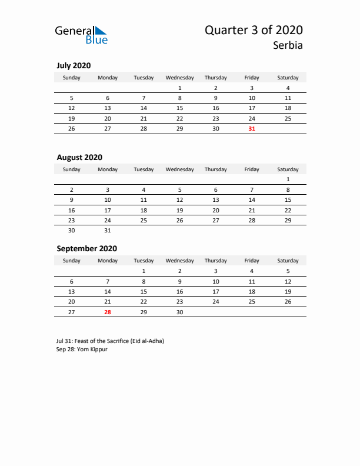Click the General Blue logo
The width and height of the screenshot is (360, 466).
(x=81, y=34)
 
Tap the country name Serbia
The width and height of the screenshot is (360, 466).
(x=288, y=45)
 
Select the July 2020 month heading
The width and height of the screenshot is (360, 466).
(x=74, y=65)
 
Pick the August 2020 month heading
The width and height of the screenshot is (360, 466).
(x=79, y=157)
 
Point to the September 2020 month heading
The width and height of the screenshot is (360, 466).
(x=86, y=248)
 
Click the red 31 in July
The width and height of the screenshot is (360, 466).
(x=252, y=129)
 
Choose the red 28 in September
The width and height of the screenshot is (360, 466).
(x=108, y=312)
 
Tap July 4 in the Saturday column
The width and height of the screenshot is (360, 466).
(x=288, y=88)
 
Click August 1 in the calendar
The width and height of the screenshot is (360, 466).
(x=288, y=179)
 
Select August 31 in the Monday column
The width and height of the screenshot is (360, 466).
(x=108, y=231)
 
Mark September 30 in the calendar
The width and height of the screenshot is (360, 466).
(x=179, y=312)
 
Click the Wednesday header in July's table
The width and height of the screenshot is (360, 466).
(x=179, y=78)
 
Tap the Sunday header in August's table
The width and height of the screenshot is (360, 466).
(x=72, y=169)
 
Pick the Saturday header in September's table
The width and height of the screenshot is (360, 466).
(x=288, y=261)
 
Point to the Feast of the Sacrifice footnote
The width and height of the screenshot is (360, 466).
(x=111, y=341)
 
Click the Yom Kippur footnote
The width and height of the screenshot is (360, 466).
(x=82, y=349)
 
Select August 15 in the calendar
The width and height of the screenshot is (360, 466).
(x=288, y=200)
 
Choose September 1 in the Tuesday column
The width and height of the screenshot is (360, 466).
(x=144, y=271)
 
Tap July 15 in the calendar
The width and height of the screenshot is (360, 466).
(x=179, y=108)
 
